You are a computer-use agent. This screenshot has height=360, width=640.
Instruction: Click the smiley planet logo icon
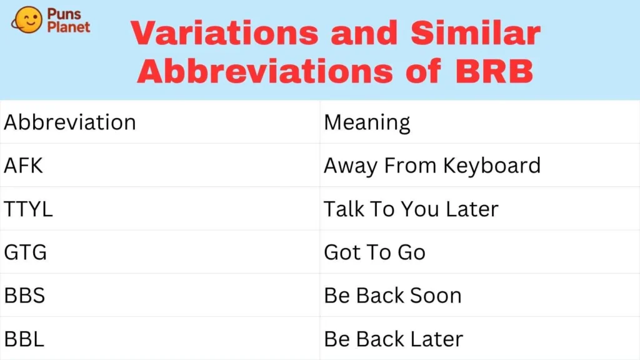click(x=27, y=21)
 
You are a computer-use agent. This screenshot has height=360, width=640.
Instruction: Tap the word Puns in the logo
click(x=66, y=14)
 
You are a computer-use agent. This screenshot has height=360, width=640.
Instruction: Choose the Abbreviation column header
click(x=70, y=122)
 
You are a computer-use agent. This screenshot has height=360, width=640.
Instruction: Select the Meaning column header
click(x=367, y=122)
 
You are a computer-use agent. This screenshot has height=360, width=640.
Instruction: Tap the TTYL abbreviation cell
click(x=29, y=209)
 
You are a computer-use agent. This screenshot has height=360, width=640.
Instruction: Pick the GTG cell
click(x=26, y=252)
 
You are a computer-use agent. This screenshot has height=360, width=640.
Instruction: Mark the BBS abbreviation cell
click(x=25, y=295)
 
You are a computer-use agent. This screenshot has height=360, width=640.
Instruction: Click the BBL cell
click(x=24, y=339)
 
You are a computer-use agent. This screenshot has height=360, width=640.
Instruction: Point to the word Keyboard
click(x=491, y=166)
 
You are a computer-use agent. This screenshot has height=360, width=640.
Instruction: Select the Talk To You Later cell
click(x=411, y=209)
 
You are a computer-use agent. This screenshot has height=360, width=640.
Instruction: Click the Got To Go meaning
click(x=374, y=252)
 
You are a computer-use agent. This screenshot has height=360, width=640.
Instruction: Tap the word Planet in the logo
click(x=71, y=26)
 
